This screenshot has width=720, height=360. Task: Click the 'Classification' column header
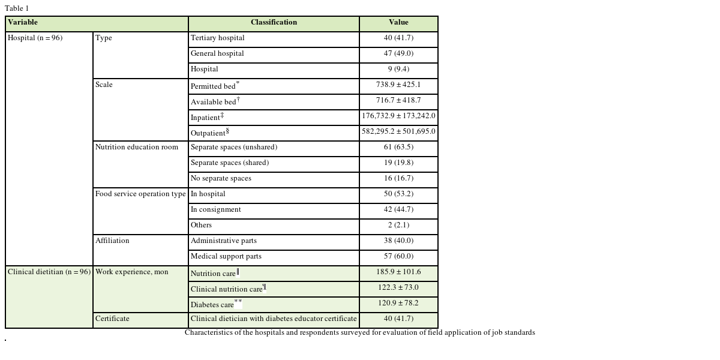274,23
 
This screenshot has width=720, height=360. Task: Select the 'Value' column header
398,23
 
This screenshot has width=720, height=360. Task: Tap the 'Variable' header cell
23,23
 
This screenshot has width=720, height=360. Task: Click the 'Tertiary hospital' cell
218,38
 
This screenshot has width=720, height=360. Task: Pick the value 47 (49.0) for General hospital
398,54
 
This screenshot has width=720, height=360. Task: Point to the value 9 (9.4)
398,70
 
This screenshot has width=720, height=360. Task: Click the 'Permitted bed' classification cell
214,86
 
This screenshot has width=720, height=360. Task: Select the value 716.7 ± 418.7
398,101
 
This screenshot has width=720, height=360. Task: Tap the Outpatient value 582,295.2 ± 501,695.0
398,132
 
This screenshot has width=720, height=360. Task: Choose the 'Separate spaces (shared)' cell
230,163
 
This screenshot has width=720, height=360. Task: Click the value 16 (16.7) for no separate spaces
398,179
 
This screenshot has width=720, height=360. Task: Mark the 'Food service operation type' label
140,194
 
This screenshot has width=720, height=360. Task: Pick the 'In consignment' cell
216,210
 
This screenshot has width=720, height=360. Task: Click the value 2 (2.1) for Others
398,226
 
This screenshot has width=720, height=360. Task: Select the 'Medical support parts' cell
226,257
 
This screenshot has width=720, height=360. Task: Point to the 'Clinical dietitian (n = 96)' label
49,272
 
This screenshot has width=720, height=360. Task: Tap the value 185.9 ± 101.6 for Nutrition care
398,272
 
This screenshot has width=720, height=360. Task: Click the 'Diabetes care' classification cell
212,305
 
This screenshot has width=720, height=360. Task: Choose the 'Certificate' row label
112,319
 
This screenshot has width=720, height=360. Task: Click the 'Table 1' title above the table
17,8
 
